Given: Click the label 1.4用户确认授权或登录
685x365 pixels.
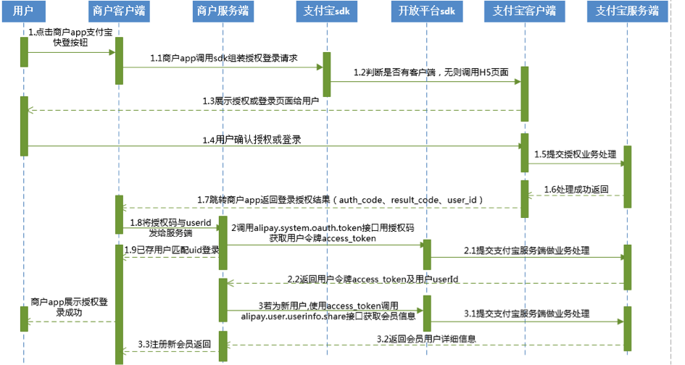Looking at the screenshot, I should coord(252,139).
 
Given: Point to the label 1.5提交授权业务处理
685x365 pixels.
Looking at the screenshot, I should coord(574,154).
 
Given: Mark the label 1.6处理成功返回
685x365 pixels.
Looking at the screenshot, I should coord(576,189).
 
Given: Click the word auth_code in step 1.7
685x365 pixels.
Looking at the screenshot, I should coord(361,199).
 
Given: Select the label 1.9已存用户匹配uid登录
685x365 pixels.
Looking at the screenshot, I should coord(171,250).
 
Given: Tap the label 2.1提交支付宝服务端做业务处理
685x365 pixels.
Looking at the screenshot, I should coord(526,250).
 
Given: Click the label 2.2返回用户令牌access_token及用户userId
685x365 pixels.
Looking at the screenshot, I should coord(373,278).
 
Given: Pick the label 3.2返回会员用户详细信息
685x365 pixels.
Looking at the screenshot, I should coord(426,338).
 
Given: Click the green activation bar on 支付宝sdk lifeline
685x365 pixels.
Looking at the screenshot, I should coord(326,74).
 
